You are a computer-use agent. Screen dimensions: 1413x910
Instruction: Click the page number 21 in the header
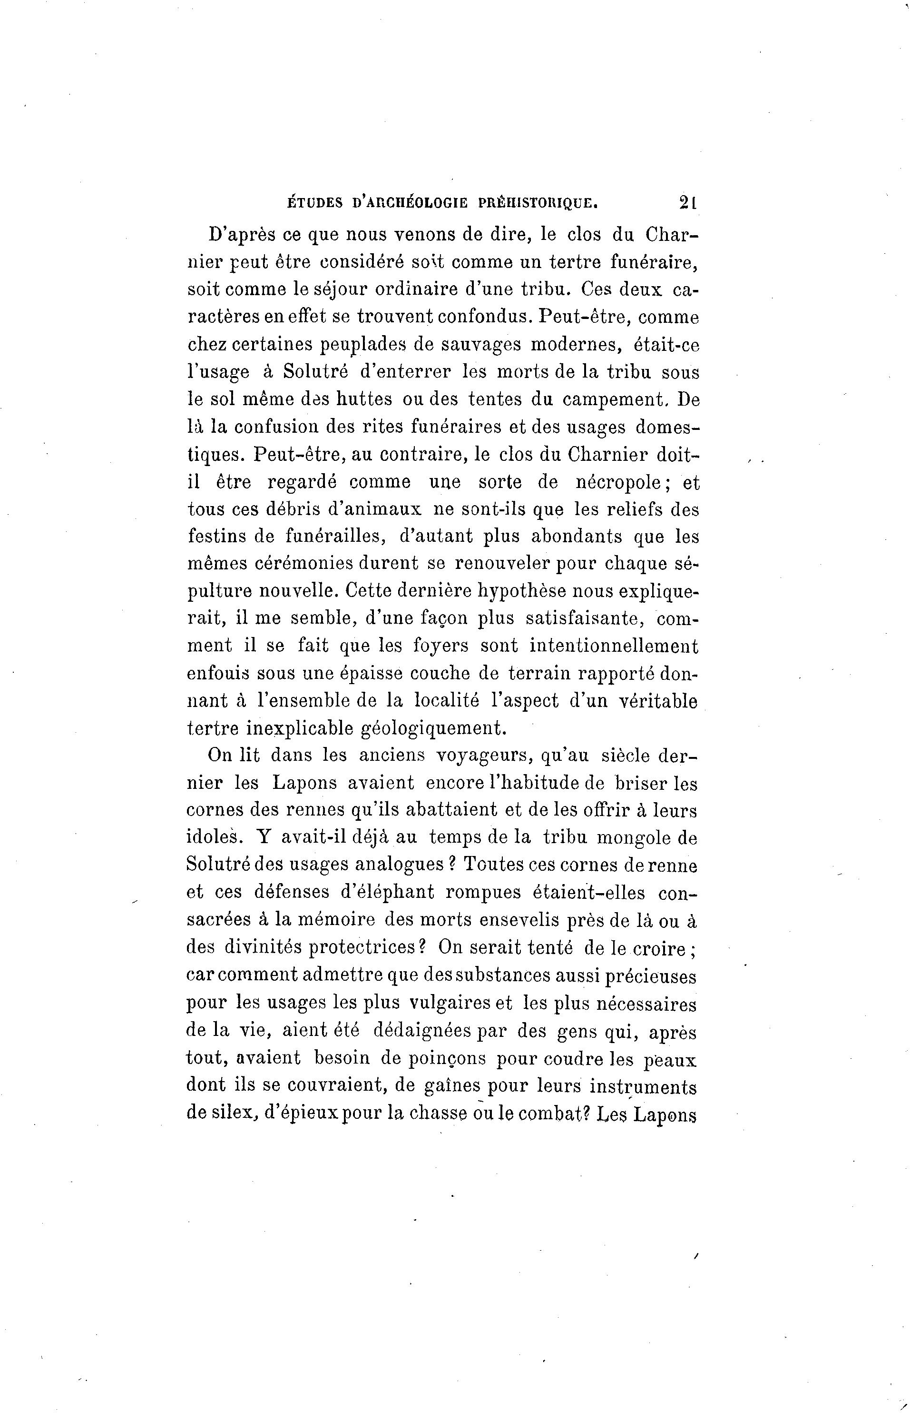(x=688, y=202)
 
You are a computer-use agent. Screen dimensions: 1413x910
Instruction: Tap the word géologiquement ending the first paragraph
(x=434, y=728)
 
